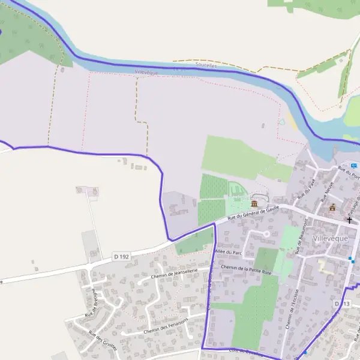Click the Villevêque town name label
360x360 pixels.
click(x=330, y=238)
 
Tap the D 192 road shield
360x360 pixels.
click(x=121, y=257)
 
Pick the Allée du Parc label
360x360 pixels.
click(x=228, y=253)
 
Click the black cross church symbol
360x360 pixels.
click(x=350, y=220)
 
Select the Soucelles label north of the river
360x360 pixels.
click(x=206, y=65)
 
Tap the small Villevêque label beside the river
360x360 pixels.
click(x=146, y=71)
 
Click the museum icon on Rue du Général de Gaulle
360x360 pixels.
click(x=254, y=205)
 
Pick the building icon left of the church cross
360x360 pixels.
click(x=332, y=208)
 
